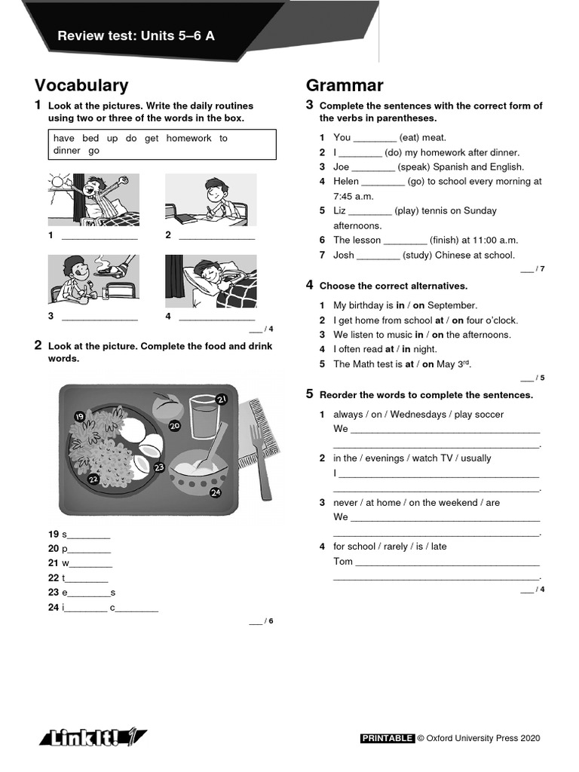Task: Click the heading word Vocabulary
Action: coord(81,86)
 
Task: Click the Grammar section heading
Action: coord(345,86)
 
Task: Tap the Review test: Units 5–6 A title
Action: coord(136,35)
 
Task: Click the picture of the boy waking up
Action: coord(93,200)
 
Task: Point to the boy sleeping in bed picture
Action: coord(210,280)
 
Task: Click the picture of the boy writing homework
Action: coord(210,200)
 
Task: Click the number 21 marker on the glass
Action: coord(222,399)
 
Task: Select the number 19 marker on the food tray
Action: coord(79,416)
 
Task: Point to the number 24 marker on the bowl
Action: coord(215,493)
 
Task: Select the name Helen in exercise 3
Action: coord(346,182)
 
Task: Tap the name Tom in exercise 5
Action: coord(342,562)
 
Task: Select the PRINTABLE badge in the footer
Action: coord(388,739)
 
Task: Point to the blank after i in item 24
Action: coord(86,608)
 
